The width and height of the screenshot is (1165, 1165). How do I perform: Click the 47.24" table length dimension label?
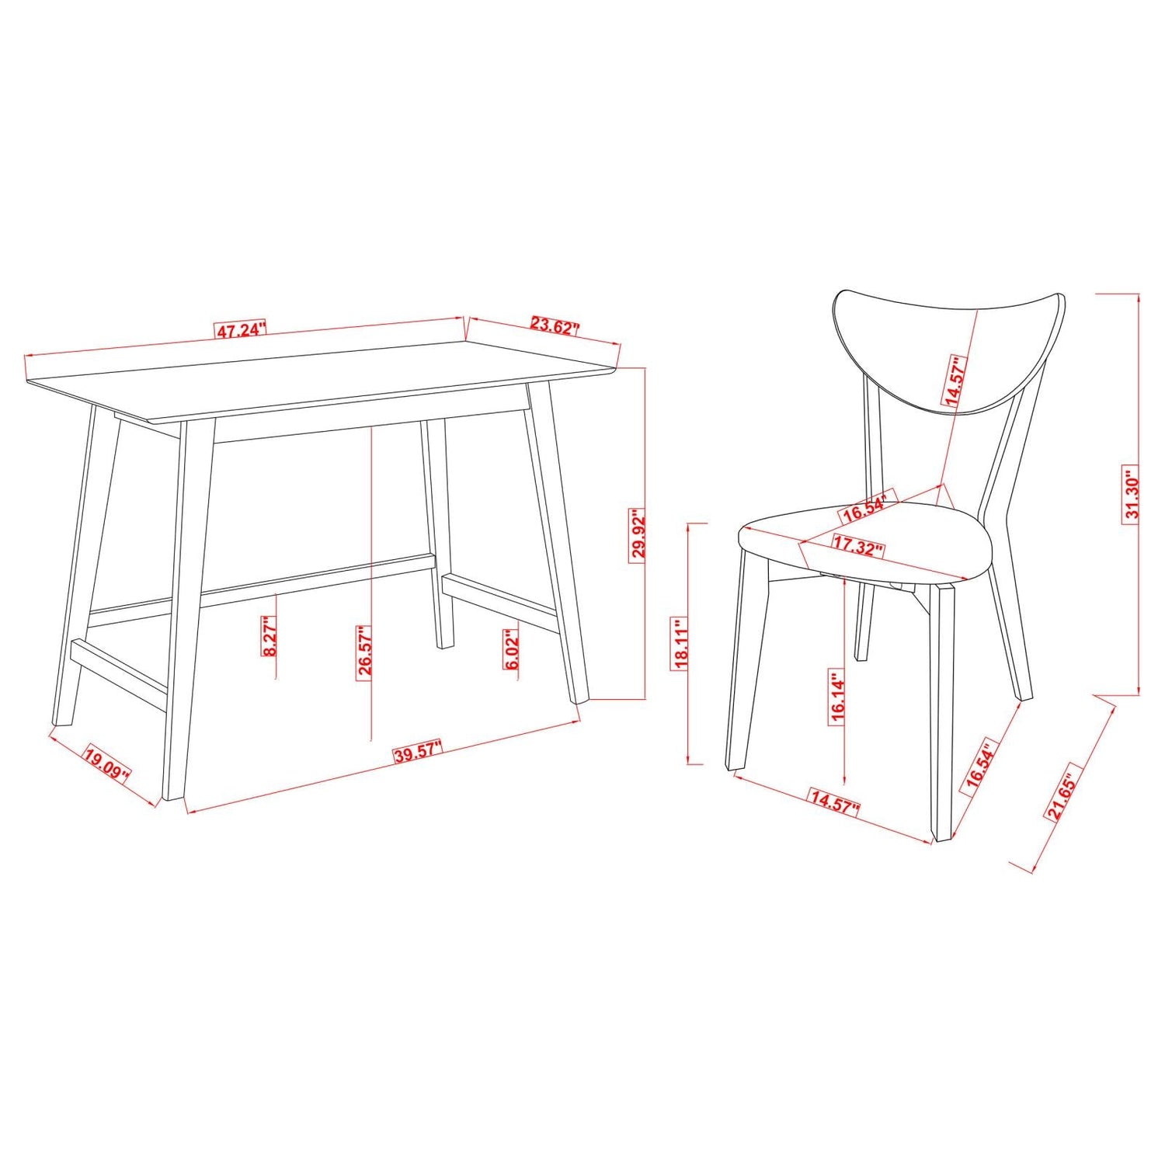(240, 330)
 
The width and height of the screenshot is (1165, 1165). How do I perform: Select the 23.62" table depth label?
(555, 325)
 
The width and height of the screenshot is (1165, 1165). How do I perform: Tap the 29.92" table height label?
(638, 534)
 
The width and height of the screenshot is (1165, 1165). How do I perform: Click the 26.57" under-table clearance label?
(365, 652)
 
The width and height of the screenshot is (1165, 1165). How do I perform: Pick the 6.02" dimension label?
(511, 650)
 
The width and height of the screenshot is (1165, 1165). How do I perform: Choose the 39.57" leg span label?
(417, 753)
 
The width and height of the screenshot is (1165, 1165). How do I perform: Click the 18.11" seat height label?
(681, 644)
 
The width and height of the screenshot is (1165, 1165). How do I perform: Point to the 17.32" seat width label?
(858, 545)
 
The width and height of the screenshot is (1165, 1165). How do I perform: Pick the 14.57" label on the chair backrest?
(954, 381)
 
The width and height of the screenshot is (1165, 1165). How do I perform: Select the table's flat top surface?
(326, 381)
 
